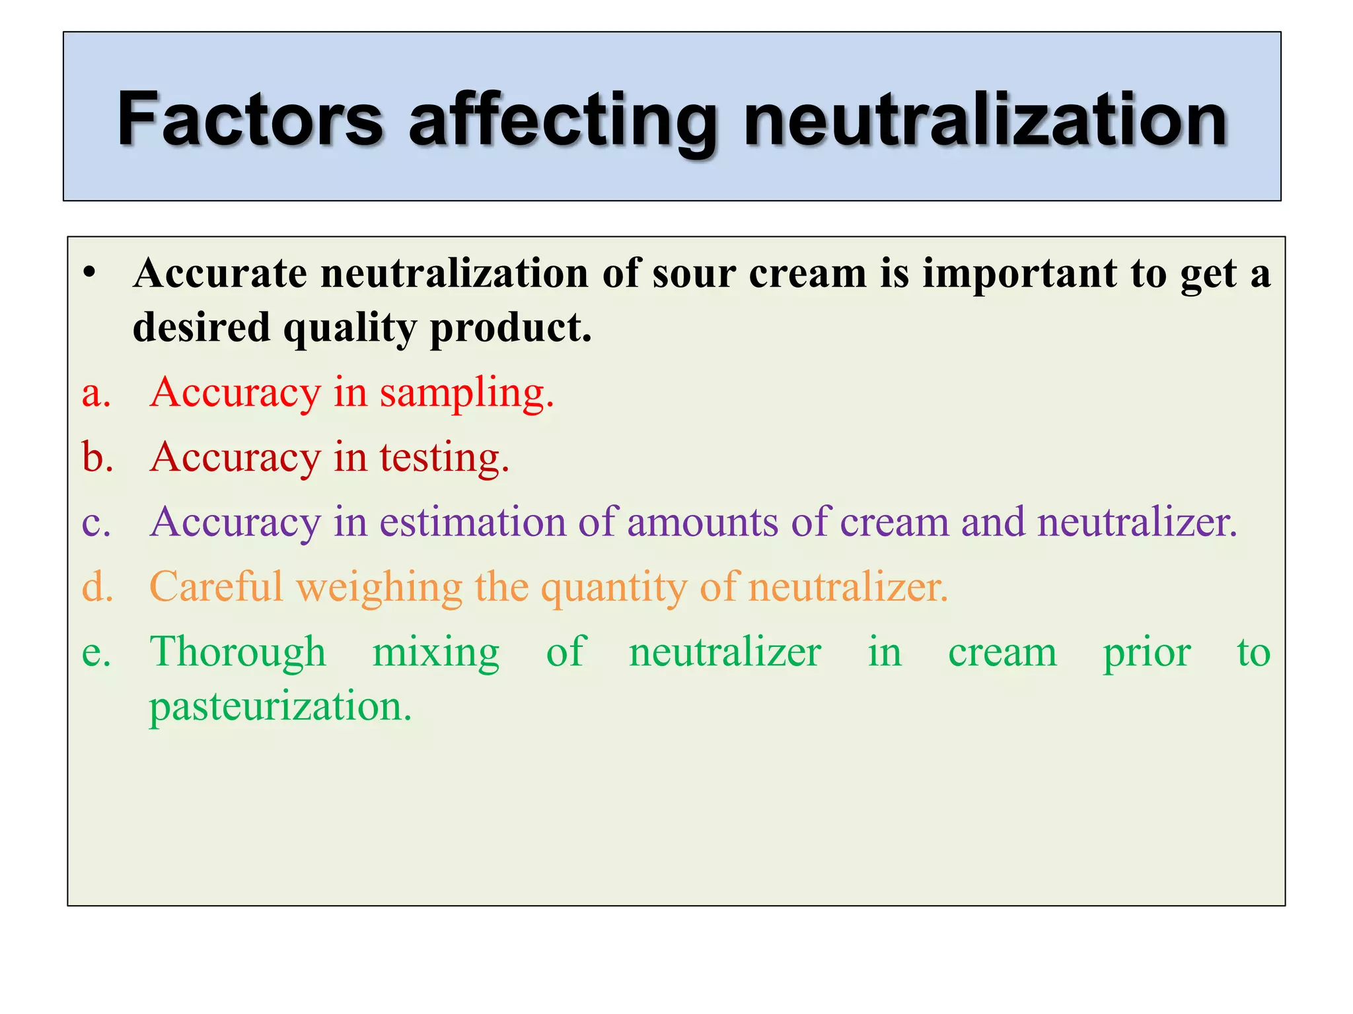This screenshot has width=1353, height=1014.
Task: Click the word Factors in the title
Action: tap(250, 119)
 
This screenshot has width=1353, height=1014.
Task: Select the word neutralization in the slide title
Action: tap(985, 119)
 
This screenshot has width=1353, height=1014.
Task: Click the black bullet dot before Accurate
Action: tap(91, 273)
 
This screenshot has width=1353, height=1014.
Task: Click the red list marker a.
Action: tap(96, 393)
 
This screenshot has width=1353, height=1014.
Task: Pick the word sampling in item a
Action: tap(466, 393)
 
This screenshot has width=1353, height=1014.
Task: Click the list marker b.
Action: tap(97, 457)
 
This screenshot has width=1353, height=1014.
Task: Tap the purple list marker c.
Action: tap(96, 523)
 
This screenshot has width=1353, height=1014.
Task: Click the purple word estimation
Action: tap(472, 522)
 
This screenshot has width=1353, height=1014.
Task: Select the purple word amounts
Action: tap(702, 523)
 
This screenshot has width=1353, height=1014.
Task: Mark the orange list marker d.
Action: tap(97, 586)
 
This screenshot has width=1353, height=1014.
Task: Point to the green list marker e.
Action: tap(96, 652)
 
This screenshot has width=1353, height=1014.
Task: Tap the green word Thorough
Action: tap(238, 652)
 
